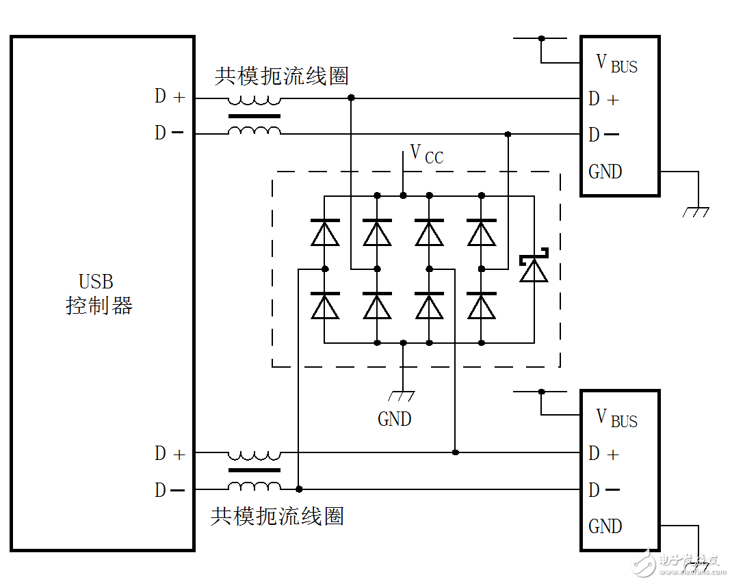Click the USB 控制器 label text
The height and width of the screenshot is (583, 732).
tap(99, 294)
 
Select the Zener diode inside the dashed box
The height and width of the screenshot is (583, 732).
tap(534, 268)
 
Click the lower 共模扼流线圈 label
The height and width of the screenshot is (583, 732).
tap(276, 516)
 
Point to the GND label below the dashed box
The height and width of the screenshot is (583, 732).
tap(395, 418)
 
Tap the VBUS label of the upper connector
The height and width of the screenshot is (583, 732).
tap(616, 64)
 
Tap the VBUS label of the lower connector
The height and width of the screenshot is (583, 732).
tap(616, 418)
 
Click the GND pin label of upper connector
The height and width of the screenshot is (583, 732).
tap(605, 172)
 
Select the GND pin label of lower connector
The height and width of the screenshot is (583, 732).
tap(605, 526)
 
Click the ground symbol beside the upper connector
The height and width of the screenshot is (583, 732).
tap(696, 213)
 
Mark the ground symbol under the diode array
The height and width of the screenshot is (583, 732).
tap(403, 395)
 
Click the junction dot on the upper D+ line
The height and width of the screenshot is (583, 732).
tap(352, 98)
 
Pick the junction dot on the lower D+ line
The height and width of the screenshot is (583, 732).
tap(456, 452)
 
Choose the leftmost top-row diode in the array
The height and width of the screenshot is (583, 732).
tap(325, 233)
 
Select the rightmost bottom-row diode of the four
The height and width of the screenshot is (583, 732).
tap(482, 306)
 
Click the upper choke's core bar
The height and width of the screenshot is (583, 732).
tap(254, 116)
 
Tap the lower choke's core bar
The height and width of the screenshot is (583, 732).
tap(254, 470)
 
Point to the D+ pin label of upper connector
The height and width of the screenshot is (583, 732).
tap(603, 99)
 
